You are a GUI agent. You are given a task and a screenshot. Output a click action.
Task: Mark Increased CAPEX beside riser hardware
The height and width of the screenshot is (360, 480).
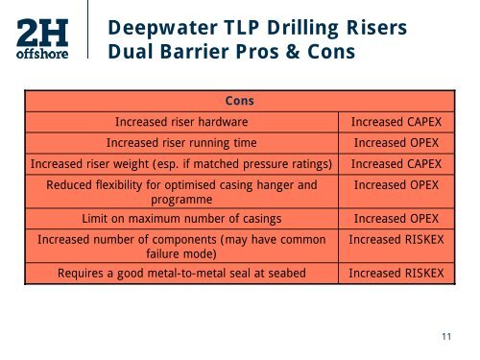click(396, 122)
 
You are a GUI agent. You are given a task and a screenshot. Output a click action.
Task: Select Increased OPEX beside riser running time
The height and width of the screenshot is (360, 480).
click(396, 142)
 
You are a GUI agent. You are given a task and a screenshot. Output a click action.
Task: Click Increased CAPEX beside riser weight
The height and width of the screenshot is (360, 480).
click(396, 162)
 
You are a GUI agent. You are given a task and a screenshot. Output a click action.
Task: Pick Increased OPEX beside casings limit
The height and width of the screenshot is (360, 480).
click(396, 218)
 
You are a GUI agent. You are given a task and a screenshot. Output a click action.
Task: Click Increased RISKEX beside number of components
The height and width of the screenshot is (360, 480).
click(396, 238)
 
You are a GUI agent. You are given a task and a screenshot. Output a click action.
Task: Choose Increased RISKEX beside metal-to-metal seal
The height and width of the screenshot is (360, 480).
click(396, 273)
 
